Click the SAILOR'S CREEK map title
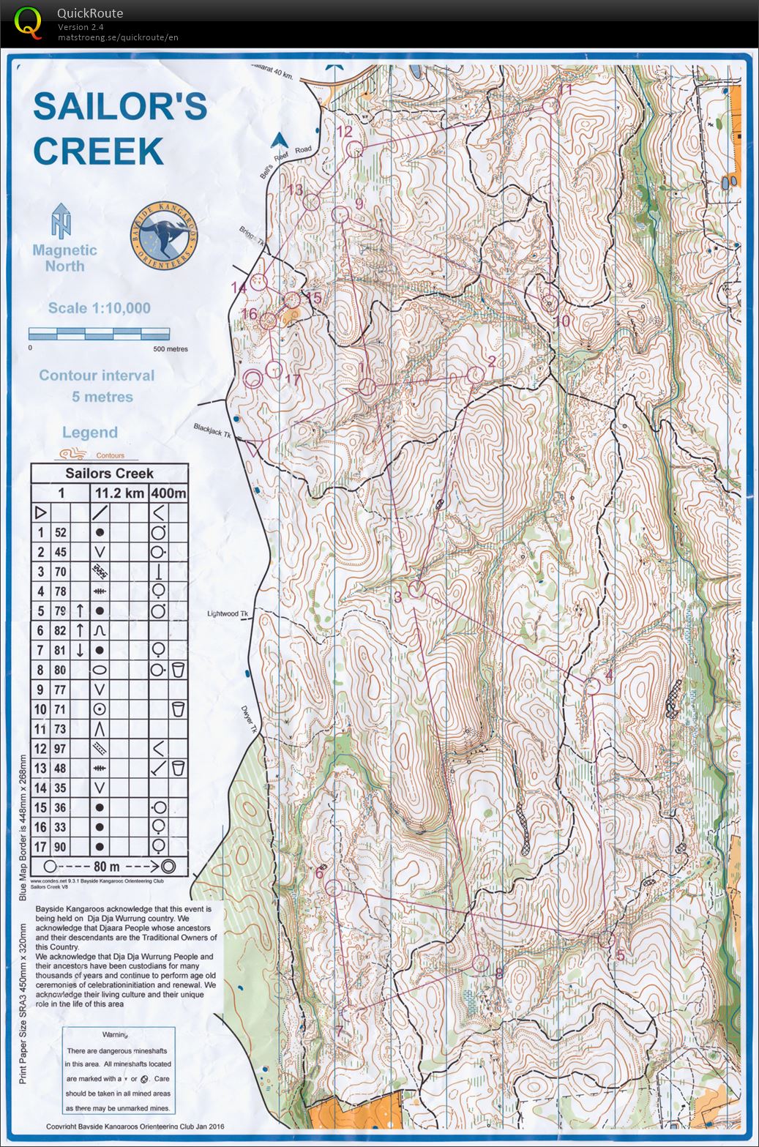pos(119,129)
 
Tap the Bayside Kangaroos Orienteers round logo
pos(165,232)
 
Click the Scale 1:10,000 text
pos(99,308)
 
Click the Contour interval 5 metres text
pos(97,386)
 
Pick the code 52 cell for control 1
pos(60,532)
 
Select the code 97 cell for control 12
pos(60,748)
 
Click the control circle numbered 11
pos(551,105)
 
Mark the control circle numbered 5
pos(605,939)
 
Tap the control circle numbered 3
pos(417,589)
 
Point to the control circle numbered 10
pos(550,303)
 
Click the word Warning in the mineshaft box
pos(115,1035)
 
